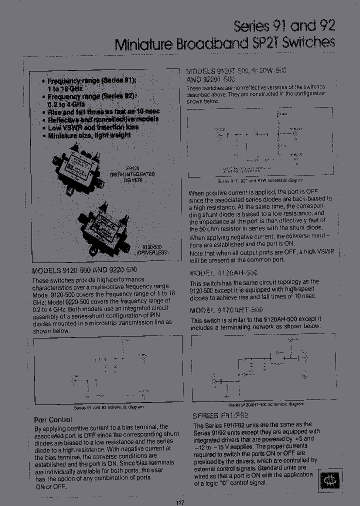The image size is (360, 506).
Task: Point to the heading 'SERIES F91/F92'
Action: [220, 415]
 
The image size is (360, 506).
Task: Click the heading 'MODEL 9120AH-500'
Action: [223, 273]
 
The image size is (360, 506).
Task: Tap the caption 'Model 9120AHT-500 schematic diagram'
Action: [266, 404]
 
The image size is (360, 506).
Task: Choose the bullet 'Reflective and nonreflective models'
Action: [102, 119]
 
